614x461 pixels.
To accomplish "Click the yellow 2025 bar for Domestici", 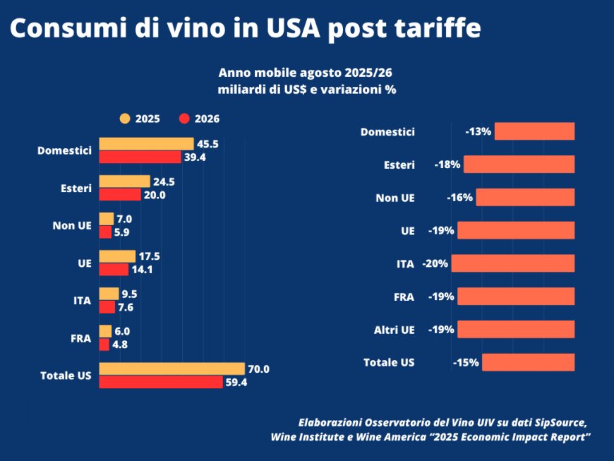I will pyautogui.click(x=146, y=144).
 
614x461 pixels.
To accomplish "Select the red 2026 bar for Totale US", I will pyautogui.click(x=161, y=382).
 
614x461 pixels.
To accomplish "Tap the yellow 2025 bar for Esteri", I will pyautogui.click(x=124, y=181).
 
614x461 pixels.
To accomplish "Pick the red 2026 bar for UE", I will pyautogui.click(x=114, y=269).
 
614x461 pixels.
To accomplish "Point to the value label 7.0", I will pyautogui.click(x=124, y=219).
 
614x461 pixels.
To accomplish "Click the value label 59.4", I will pyautogui.click(x=235, y=382).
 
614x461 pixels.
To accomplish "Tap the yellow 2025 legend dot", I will pyautogui.click(x=125, y=119).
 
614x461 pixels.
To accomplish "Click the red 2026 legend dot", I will pyautogui.click(x=185, y=119).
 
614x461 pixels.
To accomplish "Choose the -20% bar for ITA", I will pyautogui.click(x=512, y=263).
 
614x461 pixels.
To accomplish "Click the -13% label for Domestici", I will pyautogui.click(x=478, y=131).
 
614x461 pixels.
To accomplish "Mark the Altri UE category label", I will pyautogui.click(x=395, y=330).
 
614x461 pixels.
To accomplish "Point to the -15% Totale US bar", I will pyautogui.click(x=528, y=362).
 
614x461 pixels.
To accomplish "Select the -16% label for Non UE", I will pyautogui.click(x=459, y=198).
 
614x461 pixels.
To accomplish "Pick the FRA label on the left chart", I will pyautogui.click(x=82, y=338).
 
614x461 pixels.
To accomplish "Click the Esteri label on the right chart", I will pyautogui.click(x=399, y=164).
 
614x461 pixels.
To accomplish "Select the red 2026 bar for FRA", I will pyautogui.click(x=104, y=345).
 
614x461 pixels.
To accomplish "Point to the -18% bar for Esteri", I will pyautogui.click(x=519, y=164).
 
